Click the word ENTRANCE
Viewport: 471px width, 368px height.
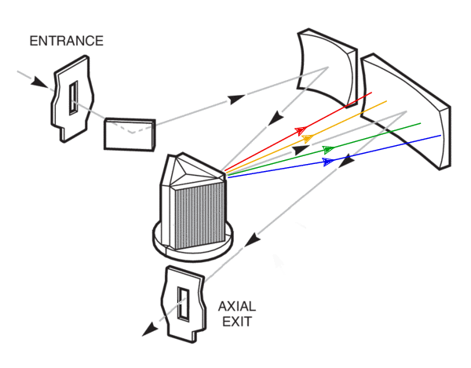pos(66,41)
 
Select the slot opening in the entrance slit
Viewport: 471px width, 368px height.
pos(73,99)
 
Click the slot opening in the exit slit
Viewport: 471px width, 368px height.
pos(184,304)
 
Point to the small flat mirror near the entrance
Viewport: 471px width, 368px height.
pos(130,133)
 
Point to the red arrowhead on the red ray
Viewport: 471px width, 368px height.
pos(300,130)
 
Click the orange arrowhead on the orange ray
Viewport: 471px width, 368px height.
pos(309,139)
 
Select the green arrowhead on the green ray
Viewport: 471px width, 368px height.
pos(328,148)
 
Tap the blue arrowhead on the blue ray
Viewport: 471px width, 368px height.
pos(329,161)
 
